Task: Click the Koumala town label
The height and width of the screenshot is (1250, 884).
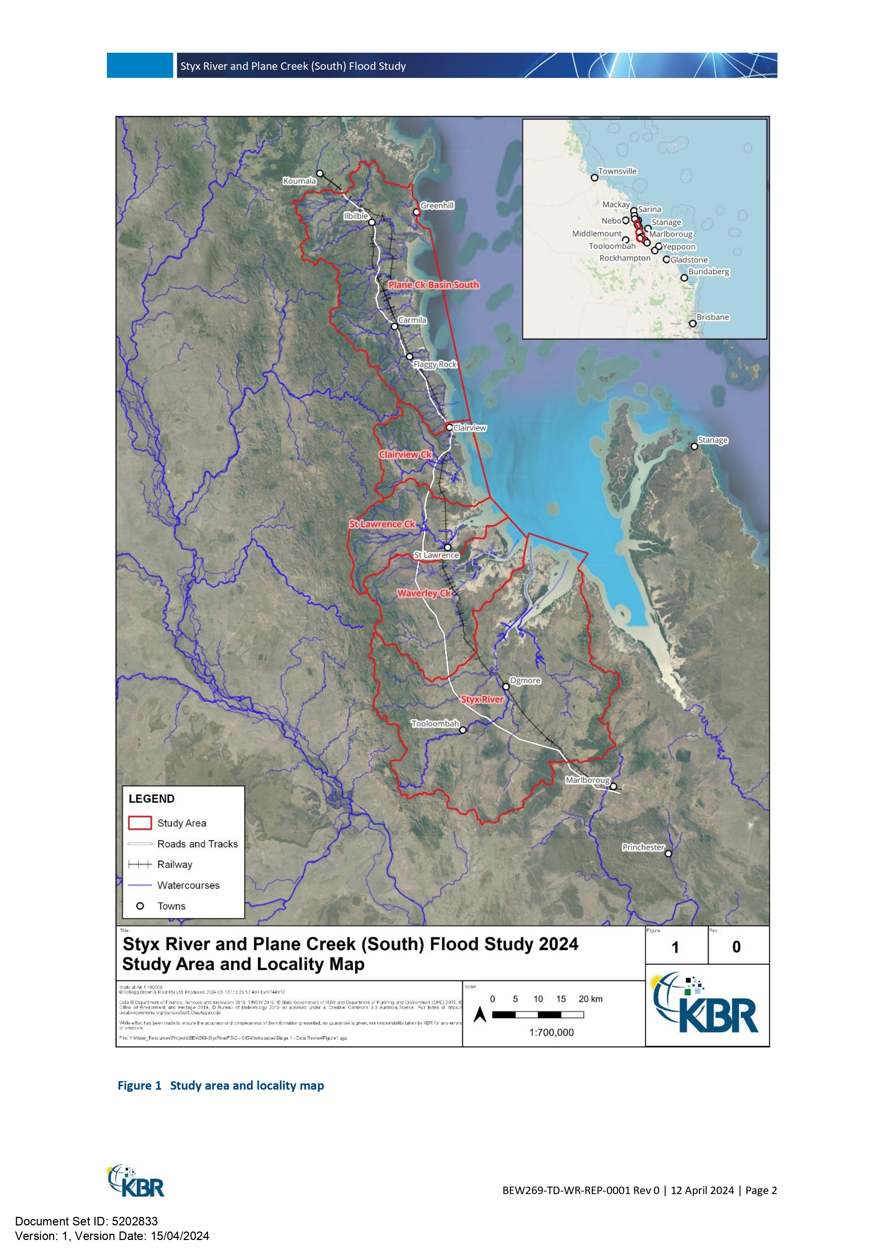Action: pos(299,181)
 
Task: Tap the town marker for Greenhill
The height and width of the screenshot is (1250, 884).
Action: pos(416,212)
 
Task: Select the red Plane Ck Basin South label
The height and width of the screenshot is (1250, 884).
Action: pos(434,285)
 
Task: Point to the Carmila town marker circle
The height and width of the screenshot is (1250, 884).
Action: pos(395,327)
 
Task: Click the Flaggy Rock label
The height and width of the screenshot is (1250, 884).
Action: pos(435,364)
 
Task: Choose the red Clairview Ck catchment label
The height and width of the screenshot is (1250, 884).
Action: pos(405,455)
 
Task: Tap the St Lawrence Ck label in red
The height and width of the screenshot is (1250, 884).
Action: pos(382,524)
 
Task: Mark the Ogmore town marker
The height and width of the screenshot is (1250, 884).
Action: pos(506,686)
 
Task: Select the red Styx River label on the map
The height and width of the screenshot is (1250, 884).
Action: pos(482,699)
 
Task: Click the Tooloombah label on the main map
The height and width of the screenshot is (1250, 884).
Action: pos(435,723)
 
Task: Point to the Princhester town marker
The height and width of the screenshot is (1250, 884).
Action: pos(668,853)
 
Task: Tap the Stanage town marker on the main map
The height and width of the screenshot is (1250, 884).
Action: pos(694,446)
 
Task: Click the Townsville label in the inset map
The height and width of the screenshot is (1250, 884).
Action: pos(617,171)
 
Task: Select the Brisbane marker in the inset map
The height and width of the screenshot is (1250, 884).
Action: pos(693,323)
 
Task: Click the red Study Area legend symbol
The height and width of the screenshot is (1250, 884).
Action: pos(140,823)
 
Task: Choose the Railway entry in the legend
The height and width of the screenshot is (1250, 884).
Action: pos(174,865)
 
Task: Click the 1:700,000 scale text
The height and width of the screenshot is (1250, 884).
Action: pos(551,1032)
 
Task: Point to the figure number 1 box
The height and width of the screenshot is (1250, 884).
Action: pos(676,947)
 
